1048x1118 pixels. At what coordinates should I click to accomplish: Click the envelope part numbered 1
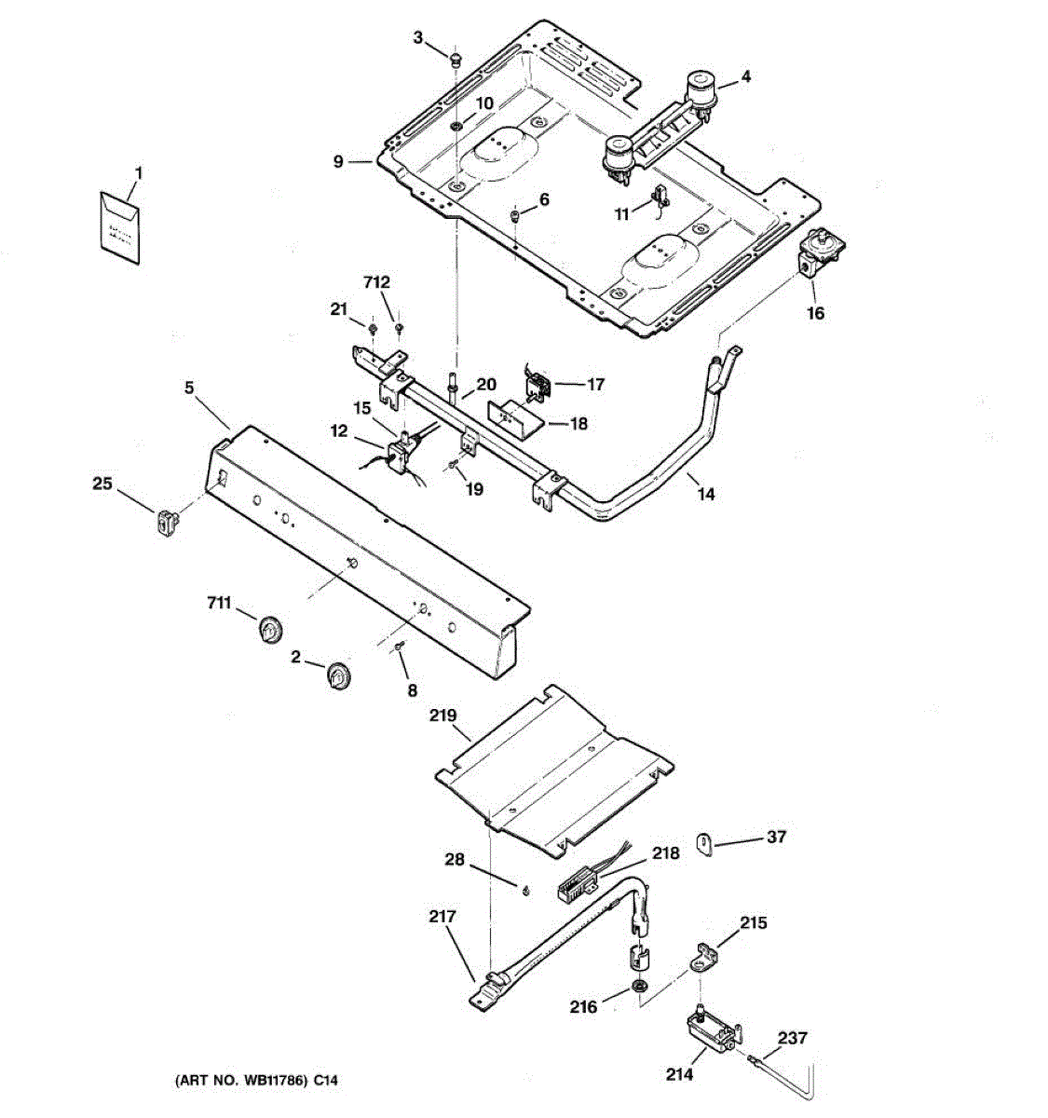coord(119,225)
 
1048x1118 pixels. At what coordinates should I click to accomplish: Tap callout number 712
coord(377,282)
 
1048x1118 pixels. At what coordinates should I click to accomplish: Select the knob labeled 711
coord(269,631)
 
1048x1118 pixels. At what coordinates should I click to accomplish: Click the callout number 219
coord(442,716)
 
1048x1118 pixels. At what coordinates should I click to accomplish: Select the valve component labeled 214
coord(712,1031)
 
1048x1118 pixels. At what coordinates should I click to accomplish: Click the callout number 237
coord(793,1038)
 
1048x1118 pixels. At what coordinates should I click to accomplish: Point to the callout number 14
coord(706,495)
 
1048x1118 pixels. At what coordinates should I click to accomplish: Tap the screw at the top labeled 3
coord(456,60)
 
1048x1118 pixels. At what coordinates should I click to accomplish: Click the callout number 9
coord(339,161)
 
